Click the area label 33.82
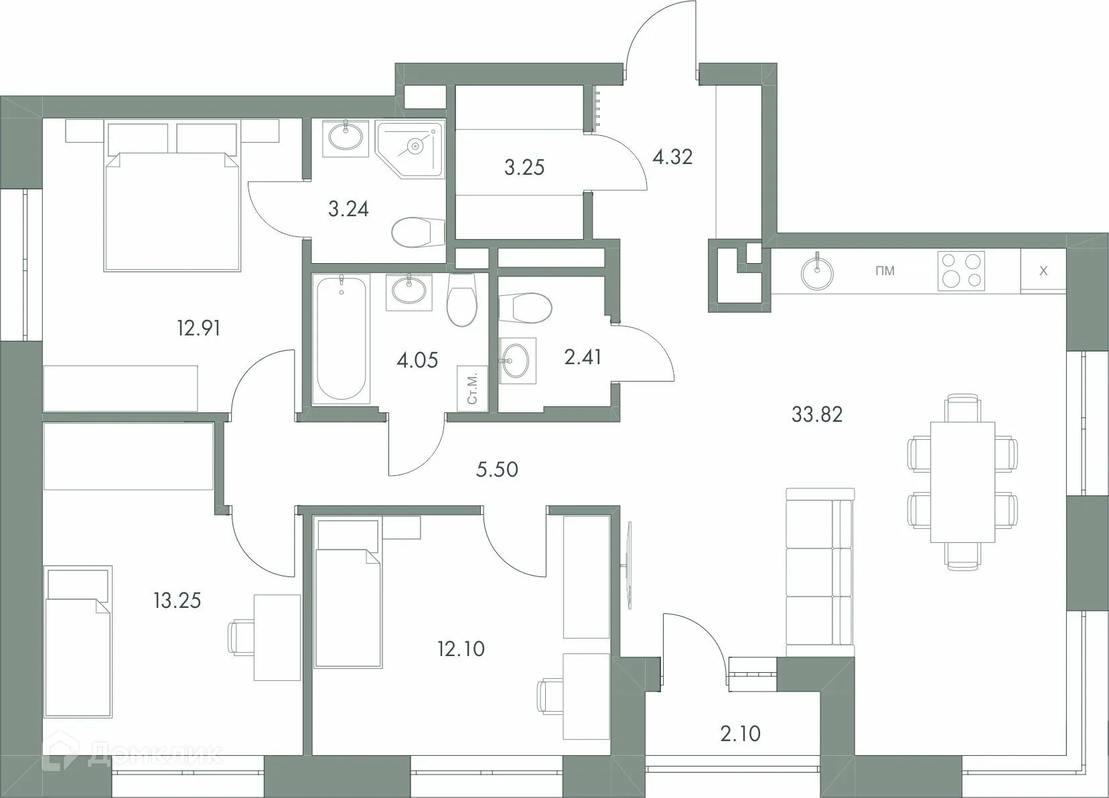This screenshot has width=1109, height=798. (816, 414)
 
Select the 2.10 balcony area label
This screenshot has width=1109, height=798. (741, 734)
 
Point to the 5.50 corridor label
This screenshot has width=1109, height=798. (497, 469)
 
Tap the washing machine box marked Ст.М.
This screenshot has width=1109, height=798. (472, 388)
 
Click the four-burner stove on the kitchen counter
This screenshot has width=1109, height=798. (962, 270)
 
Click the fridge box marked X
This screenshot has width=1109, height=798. (1043, 271)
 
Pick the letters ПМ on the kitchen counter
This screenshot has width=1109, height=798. (885, 271)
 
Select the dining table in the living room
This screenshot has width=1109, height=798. (962, 482)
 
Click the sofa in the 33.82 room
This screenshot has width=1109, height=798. (820, 572)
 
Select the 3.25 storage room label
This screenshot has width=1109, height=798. (524, 167)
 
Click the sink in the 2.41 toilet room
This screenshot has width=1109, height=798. (516, 362)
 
